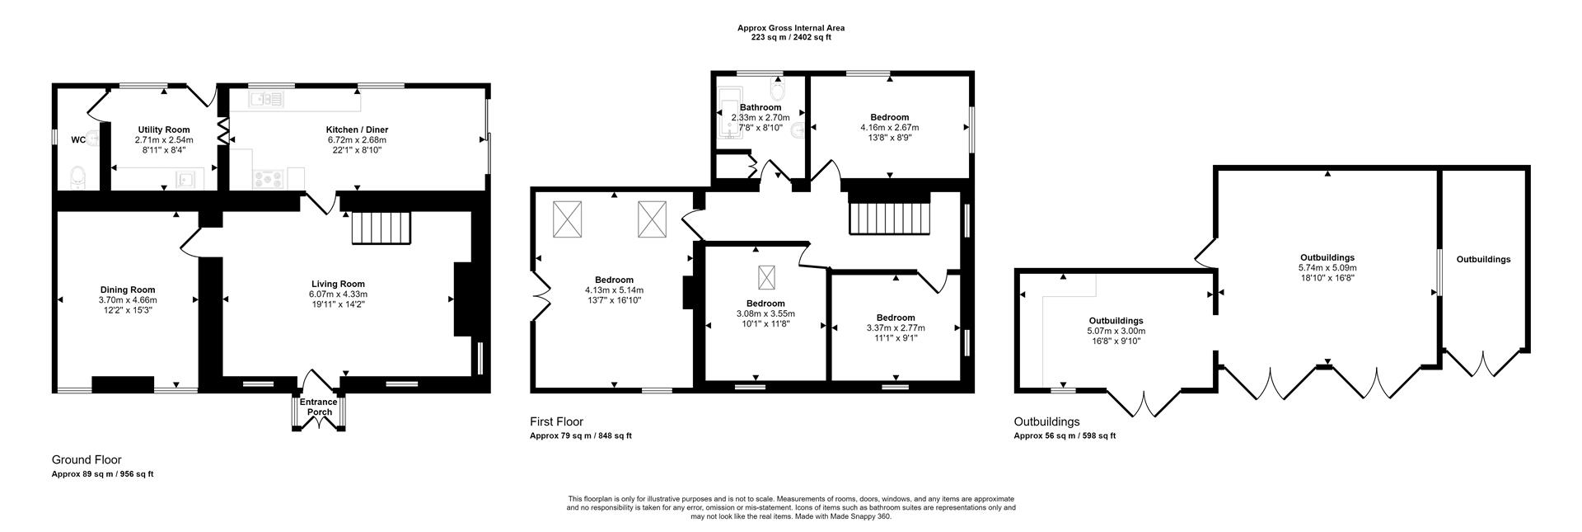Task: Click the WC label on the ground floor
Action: (x=77, y=140)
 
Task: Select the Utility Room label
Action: (x=164, y=129)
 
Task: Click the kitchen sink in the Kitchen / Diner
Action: (x=266, y=100)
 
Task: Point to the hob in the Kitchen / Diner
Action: (x=269, y=177)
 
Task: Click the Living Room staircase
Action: (x=381, y=228)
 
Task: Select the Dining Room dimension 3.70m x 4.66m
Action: (x=128, y=300)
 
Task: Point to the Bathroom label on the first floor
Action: (x=760, y=108)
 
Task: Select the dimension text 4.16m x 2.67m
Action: (x=889, y=128)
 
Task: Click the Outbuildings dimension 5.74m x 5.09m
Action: (x=1327, y=268)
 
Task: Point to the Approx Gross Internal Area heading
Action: (x=790, y=28)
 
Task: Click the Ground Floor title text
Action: (x=87, y=460)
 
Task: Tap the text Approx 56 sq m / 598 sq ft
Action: (x=1064, y=436)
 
